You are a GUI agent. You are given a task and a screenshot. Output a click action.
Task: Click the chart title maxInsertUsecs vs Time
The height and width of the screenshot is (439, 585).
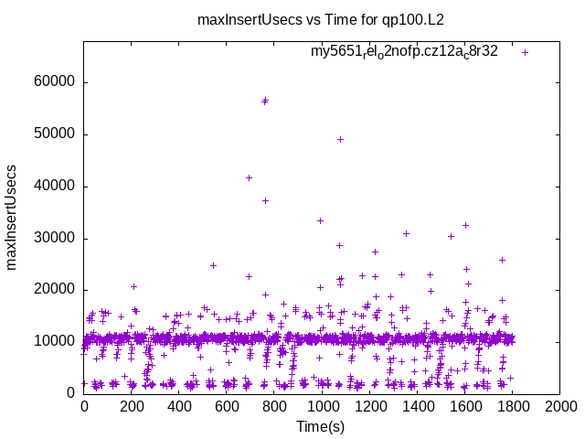click(x=321, y=19)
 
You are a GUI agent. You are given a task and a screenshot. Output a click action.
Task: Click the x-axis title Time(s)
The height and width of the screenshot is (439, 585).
click(x=321, y=427)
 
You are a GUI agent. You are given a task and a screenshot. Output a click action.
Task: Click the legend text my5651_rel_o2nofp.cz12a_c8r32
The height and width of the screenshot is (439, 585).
click(x=404, y=52)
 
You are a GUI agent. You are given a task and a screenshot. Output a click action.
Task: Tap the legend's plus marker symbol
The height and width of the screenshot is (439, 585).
click(x=525, y=52)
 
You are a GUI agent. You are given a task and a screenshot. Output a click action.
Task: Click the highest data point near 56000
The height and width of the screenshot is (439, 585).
click(x=265, y=101)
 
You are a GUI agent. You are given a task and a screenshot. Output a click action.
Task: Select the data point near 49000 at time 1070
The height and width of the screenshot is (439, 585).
click(x=340, y=139)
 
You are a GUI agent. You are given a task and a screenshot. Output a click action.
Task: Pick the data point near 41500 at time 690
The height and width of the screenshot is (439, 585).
click(x=249, y=177)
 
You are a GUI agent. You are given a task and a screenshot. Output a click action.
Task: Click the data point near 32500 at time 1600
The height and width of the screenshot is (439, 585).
click(x=465, y=225)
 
